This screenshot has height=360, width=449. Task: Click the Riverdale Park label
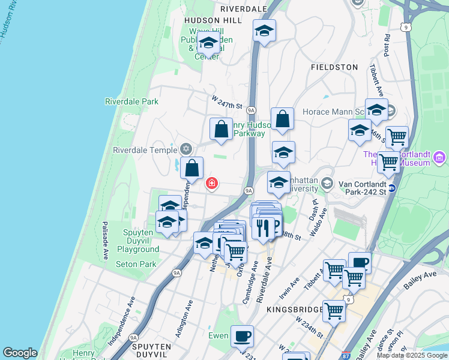click(x=131, y=101)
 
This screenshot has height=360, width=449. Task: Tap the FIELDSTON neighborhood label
click(x=334, y=68)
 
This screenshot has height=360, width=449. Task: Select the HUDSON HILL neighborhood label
click(x=213, y=20)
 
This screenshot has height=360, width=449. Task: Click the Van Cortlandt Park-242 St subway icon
click(x=391, y=188)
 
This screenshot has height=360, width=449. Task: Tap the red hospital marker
click(x=211, y=183)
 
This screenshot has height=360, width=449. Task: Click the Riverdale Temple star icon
click(x=185, y=149)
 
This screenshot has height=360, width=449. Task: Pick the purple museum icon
click(x=439, y=158)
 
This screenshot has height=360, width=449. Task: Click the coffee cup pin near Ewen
click(x=242, y=337)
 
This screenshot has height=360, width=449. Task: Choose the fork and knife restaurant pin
click(x=262, y=227)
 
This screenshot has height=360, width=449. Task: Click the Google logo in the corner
click(x=20, y=353)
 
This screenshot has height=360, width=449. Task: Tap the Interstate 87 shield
click(x=346, y=355)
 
